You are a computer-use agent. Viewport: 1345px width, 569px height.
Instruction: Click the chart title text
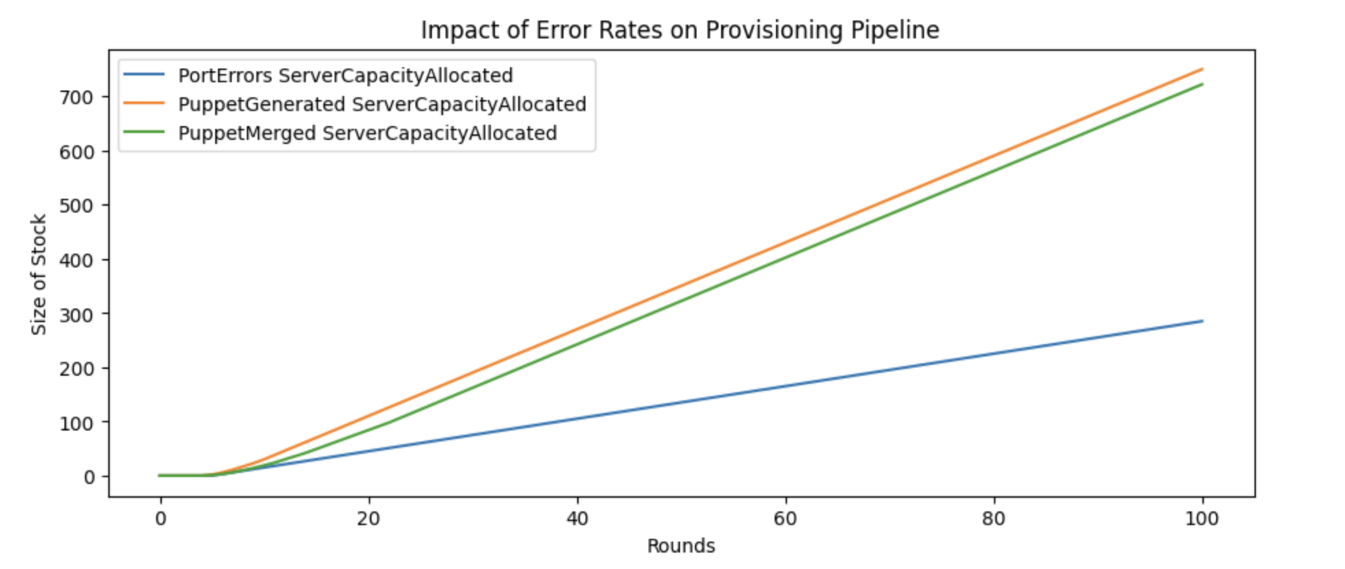click(x=679, y=30)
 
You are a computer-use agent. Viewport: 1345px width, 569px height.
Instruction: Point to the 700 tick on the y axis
click(x=75, y=97)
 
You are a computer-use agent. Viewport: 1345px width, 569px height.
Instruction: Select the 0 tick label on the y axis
click(x=89, y=477)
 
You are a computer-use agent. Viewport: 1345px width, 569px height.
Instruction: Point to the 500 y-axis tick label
click(x=75, y=206)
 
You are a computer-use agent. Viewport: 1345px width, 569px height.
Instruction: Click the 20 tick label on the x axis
click(x=368, y=519)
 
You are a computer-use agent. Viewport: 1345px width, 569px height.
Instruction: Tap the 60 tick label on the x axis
click(x=785, y=519)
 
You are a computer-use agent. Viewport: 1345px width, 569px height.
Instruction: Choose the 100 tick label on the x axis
click(x=1202, y=519)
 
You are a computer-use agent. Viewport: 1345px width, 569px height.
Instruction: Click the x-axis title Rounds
click(x=681, y=546)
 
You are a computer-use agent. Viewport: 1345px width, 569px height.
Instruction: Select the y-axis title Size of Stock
click(x=39, y=274)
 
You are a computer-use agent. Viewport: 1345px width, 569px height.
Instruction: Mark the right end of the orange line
click(x=1202, y=69)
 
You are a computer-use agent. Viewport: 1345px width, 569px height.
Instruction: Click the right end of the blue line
click(x=1202, y=321)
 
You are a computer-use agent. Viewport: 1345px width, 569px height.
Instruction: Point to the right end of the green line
click(x=1202, y=84)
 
